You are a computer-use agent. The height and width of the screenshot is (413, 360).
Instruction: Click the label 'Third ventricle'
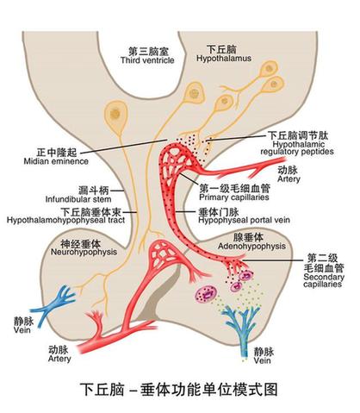(147, 60)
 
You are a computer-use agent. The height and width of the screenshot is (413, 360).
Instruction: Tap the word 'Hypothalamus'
(224, 59)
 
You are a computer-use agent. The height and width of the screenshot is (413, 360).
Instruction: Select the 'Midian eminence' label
(56, 161)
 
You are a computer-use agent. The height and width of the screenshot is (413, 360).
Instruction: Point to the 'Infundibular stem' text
(78, 199)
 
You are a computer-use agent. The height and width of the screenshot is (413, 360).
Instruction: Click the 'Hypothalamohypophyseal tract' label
(65, 221)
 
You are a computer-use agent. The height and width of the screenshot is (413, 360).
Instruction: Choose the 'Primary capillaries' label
(234, 197)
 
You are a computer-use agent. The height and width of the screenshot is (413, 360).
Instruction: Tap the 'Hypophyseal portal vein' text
(244, 221)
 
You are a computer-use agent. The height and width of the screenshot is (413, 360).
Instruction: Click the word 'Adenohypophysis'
(251, 247)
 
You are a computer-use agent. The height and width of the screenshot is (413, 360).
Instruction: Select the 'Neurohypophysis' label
(84, 252)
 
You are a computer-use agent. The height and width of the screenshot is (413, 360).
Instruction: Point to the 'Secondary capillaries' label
(324, 280)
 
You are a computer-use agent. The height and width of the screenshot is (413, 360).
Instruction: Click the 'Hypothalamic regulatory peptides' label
(297, 148)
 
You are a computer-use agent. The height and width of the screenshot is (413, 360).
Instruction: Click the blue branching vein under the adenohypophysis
(242, 326)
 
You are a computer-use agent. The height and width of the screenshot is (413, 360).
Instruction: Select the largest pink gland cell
(207, 294)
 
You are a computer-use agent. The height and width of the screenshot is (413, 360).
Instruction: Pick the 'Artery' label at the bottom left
(59, 359)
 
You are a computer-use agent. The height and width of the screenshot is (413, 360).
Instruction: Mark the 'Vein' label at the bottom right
(262, 360)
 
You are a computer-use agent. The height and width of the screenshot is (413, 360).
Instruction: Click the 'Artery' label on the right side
(289, 178)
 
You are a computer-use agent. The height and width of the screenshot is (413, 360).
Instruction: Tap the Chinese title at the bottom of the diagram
(178, 390)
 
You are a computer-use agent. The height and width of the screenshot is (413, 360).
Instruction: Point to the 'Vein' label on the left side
(22, 329)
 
